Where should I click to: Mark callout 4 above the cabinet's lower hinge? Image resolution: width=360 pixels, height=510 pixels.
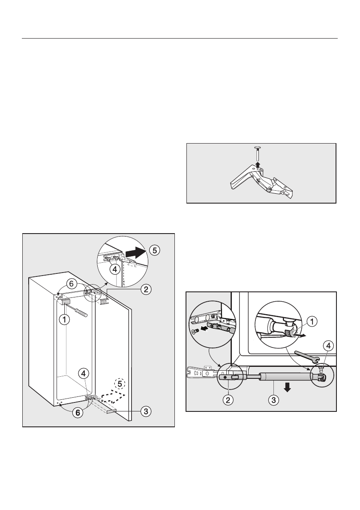(84, 373)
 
